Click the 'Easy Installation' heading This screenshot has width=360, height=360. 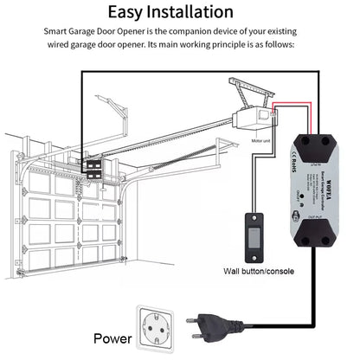pyautogui.click(x=179, y=12)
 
